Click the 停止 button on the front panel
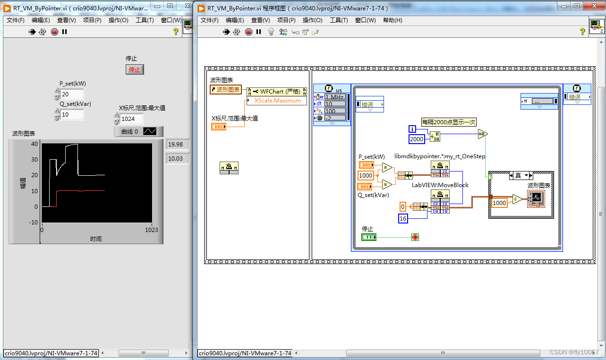click(x=135, y=70)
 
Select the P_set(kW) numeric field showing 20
click(x=72, y=94)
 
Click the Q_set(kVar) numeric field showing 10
click(x=72, y=115)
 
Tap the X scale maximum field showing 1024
click(x=131, y=119)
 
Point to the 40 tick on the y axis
click(x=34, y=144)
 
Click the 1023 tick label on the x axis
click(x=151, y=230)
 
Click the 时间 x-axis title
click(x=96, y=239)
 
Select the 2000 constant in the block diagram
click(x=417, y=139)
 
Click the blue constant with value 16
click(x=403, y=219)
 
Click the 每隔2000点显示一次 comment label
click(x=449, y=122)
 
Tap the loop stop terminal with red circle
click(x=415, y=237)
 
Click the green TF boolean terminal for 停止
click(x=369, y=237)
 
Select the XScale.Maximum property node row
click(x=277, y=101)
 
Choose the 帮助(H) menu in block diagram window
click(x=393, y=20)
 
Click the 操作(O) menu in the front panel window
click(x=118, y=20)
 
